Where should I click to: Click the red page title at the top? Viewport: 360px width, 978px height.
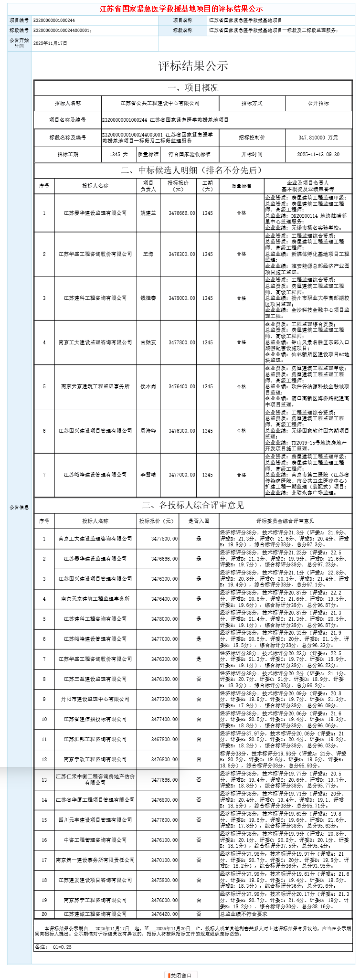click(x=181, y=9)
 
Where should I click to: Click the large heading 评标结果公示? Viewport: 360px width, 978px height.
click(x=193, y=66)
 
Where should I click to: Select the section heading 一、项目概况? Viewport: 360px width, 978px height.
click(x=193, y=88)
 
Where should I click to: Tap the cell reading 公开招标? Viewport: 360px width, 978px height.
click(x=318, y=103)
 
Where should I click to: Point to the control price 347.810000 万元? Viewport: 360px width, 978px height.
click(x=318, y=138)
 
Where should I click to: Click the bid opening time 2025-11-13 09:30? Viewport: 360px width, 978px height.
click(x=318, y=155)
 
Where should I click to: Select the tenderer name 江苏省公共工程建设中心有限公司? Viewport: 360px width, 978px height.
click(x=160, y=103)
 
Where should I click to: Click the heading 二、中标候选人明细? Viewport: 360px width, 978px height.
click(x=193, y=170)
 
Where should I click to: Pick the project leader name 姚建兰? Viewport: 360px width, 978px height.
click(x=148, y=213)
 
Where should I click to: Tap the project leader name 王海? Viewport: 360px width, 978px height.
click(x=148, y=254)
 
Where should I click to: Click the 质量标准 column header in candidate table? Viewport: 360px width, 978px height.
click(x=241, y=186)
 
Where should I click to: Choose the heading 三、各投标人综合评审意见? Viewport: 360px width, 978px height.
click(x=193, y=505)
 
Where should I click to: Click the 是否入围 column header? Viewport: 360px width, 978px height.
click(x=199, y=521)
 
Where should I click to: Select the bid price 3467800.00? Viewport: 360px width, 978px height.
click(x=164, y=739)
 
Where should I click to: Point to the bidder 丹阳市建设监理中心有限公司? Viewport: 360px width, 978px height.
click(x=95, y=699)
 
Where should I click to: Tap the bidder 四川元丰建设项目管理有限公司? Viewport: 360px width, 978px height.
click(x=95, y=820)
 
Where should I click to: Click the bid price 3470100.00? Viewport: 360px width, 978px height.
click(x=164, y=860)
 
